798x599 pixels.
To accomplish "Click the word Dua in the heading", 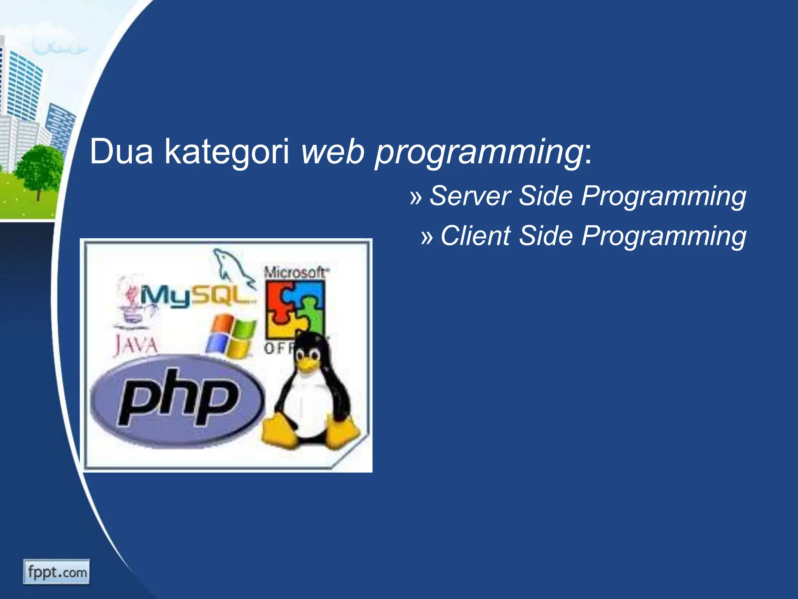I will click(121, 152).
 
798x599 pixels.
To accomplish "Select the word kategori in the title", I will click(227, 152).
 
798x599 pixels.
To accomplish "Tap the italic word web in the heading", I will click(333, 152).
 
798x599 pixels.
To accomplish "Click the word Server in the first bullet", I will click(470, 196).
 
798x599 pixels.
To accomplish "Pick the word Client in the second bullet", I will click(475, 236).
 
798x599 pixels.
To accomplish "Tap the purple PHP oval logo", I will click(177, 400).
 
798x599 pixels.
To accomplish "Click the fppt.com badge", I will click(56, 572).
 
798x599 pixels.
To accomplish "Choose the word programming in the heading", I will click(479, 152).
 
